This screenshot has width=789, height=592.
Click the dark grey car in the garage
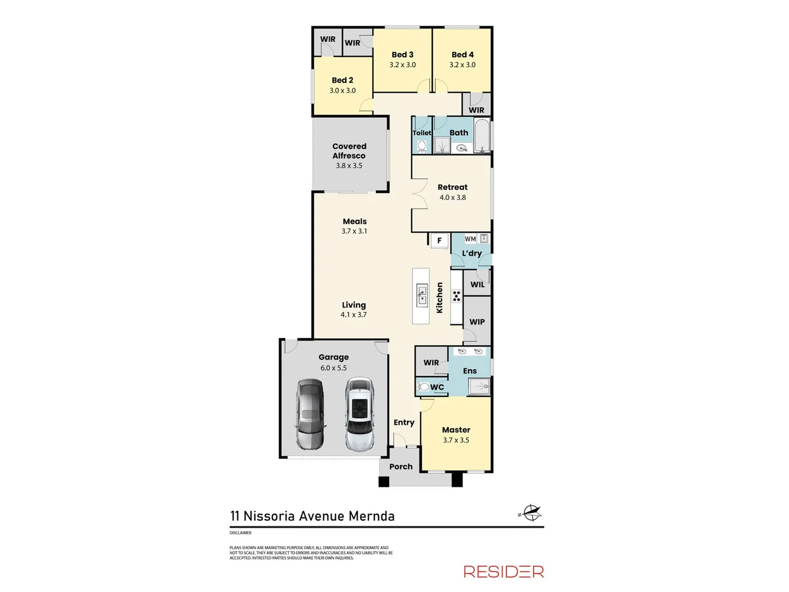pos(310,414)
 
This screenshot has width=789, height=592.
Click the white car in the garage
pos(359,414)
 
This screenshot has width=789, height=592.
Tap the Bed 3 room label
pos(402,55)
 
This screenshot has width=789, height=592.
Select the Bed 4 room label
pos(462,55)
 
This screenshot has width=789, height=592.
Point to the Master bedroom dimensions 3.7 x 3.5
pos(456,440)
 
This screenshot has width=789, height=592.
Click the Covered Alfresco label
pos(349,151)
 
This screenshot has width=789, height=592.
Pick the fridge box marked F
pos(439,241)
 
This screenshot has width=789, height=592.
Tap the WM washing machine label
pos(470,239)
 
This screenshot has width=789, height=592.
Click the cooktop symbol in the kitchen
pos(456,297)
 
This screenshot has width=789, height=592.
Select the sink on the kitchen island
pos(421,295)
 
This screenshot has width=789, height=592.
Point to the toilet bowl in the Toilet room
pos(422,146)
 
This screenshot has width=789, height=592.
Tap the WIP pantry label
pos(477,322)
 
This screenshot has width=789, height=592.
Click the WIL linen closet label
pos(477,284)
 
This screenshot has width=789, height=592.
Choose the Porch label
pos(401,467)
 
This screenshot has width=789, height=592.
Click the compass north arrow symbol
pos(530,514)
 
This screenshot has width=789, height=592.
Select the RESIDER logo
pos(504,572)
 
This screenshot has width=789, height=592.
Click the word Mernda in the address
pos(371,516)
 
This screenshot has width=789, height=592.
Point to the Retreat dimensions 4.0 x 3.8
pos(453,198)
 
